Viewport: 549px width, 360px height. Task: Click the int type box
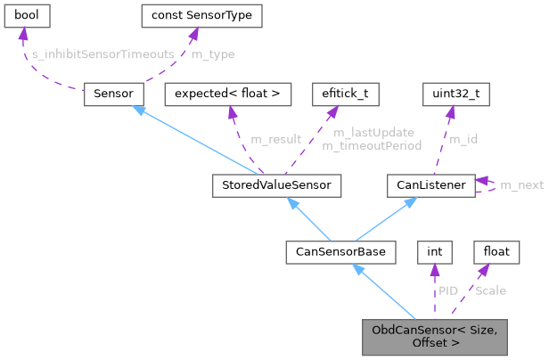(x=434, y=252)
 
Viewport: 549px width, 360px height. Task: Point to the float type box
(x=496, y=252)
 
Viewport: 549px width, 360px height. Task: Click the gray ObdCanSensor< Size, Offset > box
(x=434, y=336)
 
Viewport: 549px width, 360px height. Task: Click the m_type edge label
(x=213, y=55)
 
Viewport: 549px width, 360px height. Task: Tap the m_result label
(x=275, y=139)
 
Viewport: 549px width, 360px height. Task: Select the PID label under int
(x=448, y=290)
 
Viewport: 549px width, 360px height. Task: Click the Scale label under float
(x=492, y=290)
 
